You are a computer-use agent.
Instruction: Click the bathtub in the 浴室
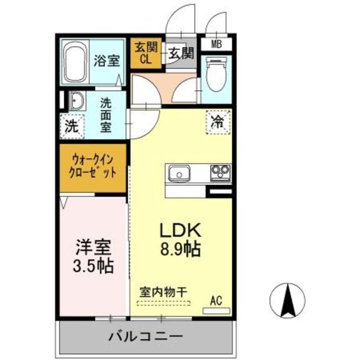click(x=75, y=62)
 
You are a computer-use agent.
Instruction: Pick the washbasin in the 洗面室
click(x=76, y=102)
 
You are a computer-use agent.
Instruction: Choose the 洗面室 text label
click(x=106, y=115)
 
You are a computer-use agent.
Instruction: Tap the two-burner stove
click(x=219, y=172)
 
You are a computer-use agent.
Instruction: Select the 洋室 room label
click(x=94, y=246)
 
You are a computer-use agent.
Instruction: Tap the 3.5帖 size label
click(x=94, y=264)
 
